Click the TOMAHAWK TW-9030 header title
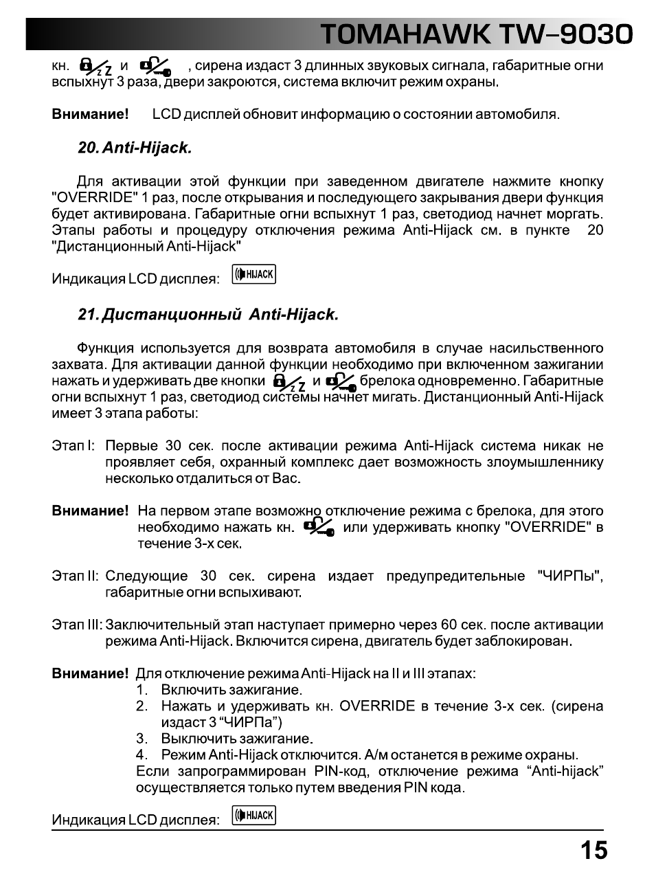[475, 34]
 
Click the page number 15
[593, 851]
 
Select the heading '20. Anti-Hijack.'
[135, 148]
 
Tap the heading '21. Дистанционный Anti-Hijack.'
[208, 315]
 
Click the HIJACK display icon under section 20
[254, 275]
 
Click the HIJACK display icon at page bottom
[254, 816]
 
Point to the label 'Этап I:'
[73, 446]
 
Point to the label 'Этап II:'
[75, 576]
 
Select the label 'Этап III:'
[77, 625]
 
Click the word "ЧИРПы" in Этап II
[567, 576]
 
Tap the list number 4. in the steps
[142, 755]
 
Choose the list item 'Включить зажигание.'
[231, 690]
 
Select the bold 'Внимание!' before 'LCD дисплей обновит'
[90, 114]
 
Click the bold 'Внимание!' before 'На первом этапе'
[90, 511]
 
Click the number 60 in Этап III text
[449, 625]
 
